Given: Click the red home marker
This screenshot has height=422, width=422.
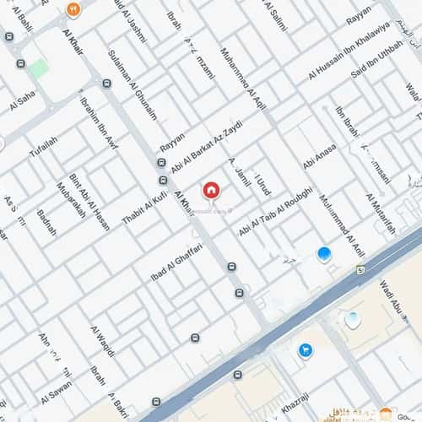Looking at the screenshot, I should [x=211, y=189].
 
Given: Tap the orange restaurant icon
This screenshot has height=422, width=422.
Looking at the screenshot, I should [x=73, y=10].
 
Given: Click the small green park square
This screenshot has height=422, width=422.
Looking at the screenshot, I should [x=38, y=68].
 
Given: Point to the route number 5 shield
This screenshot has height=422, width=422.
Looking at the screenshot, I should [x=360, y=270].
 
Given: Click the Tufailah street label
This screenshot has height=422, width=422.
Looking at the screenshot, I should [x=43, y=146].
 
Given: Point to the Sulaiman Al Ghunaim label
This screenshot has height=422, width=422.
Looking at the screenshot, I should [x=133, y=84].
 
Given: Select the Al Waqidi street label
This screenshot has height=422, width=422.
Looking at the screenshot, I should [x=102, y=340].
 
